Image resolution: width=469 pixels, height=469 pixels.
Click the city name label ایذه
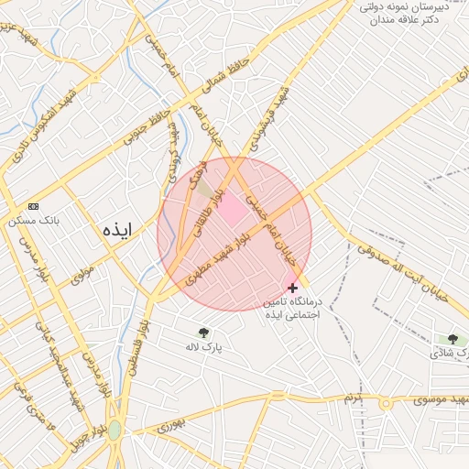[x=118, y=230]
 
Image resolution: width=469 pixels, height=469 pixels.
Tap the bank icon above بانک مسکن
[x=34, y=206]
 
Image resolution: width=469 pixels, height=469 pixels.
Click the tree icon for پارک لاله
[x=203, y=333]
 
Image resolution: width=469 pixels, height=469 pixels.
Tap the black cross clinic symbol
[x=292, y=288]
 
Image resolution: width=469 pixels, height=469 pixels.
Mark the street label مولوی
[x=82, y=273]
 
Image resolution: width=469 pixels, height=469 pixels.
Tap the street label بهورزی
[x=169, y=424]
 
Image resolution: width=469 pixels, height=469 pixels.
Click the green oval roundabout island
[x=114, y=431]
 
